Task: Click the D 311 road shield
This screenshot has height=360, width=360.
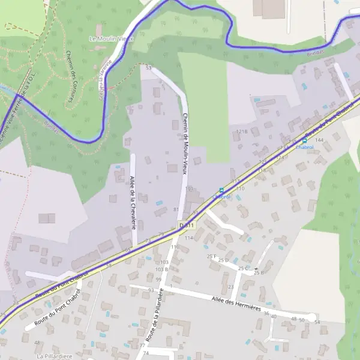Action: pos(186,225)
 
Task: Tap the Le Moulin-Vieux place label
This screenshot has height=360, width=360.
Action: pos(111,38)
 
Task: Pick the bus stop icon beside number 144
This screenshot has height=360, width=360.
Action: pos(304,140)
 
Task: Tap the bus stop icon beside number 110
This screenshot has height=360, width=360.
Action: pos(221,190)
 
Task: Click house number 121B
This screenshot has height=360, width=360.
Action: pos(241,131)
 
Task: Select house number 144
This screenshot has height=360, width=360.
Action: pos(319,140)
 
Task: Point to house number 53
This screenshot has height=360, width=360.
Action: pos(148,68)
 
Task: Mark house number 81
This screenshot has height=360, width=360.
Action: pos(176,209)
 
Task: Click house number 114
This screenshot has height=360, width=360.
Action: pos(188,238)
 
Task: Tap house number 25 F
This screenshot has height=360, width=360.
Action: pos(211,256)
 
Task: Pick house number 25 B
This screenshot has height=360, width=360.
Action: pos(258,273)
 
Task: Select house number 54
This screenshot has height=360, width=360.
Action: pos(317,322)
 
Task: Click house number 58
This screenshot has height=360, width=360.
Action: pos(109,265)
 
